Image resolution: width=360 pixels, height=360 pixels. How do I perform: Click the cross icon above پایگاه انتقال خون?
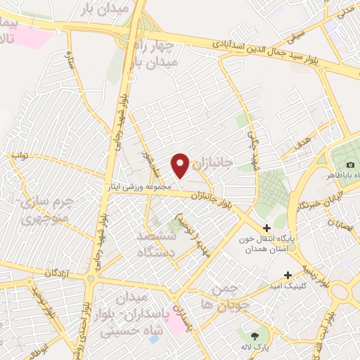266,229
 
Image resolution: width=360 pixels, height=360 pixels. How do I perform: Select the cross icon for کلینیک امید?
287,275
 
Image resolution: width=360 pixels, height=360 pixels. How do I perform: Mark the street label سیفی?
298,31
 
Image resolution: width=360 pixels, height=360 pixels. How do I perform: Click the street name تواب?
22,156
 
